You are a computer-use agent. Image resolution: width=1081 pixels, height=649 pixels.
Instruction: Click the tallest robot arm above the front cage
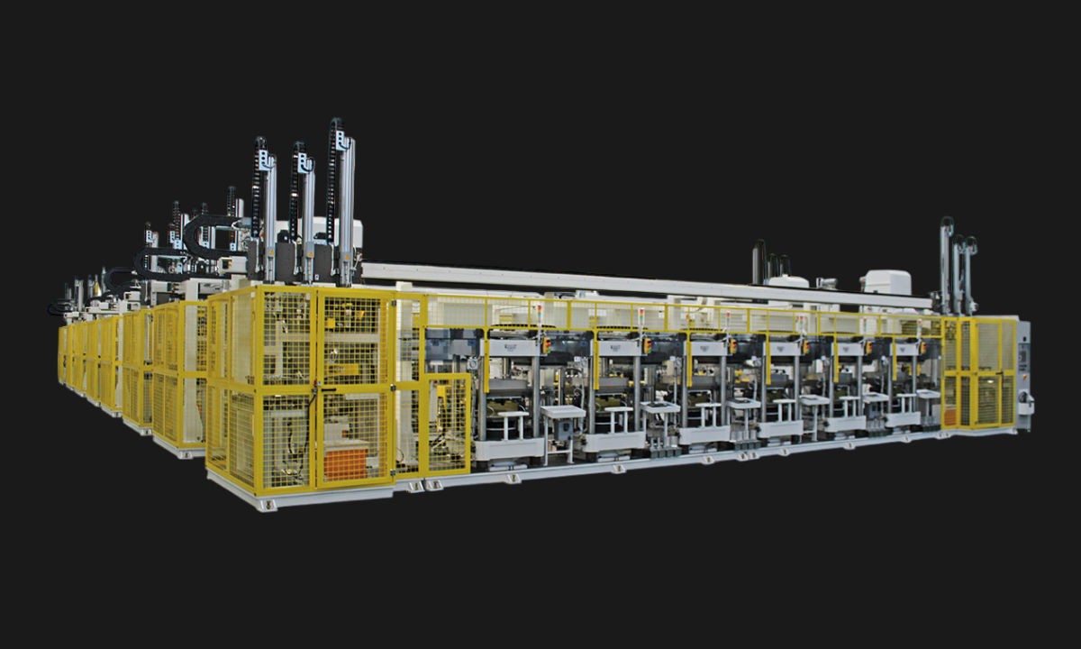pyautogui.click(x=341, y=198)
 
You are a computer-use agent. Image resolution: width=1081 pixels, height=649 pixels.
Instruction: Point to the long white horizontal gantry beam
pyautogui.click(x=631, y=283)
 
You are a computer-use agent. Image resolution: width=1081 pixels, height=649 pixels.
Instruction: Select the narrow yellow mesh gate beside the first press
pyautogui.click(x=447, y=424)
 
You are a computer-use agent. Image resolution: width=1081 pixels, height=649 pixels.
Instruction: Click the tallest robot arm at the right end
pyautogui.click(x=946, y=261)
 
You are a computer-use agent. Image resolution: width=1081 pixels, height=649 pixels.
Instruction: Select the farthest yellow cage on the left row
pyautogui.click(x=63, y=353)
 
